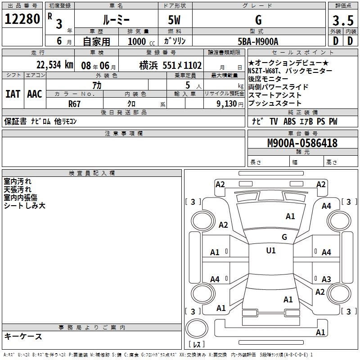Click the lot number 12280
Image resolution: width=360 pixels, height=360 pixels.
coord(22,19)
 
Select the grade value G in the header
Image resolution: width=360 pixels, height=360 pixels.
coord(258,20)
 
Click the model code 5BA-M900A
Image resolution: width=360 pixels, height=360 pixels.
coord(258,41)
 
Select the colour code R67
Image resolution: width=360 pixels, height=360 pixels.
coord(74,103)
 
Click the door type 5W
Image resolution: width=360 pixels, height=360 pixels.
coord(175,20)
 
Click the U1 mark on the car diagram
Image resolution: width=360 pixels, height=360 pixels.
coord(271,251)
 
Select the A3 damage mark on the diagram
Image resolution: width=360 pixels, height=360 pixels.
coord(326,279)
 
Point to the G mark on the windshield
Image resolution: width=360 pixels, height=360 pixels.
coord(284,237)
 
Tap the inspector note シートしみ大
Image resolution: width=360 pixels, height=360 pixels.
coord(25,206)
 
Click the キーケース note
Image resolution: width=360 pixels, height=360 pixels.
coord(23,336)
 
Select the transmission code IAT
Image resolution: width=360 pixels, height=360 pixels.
coord(13,94)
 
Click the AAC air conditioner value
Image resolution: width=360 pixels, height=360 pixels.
coord(35,94)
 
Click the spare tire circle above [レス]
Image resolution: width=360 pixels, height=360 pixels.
coord(196,328)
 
